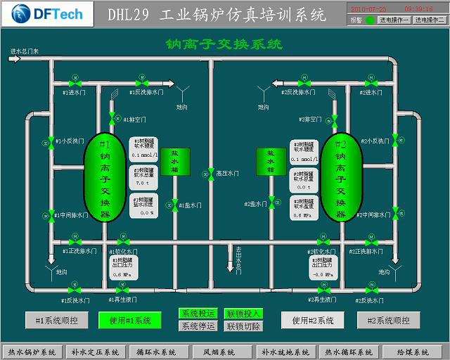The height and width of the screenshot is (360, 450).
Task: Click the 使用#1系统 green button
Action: coord(130,321)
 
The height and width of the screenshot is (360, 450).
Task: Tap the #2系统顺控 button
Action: coord(388,321)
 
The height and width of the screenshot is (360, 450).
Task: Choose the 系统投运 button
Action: coord(198,314)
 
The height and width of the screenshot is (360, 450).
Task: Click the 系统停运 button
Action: coord(198,326)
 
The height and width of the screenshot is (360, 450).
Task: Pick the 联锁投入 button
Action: coord(243,314)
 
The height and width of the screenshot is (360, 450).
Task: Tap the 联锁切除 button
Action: coord(243,326)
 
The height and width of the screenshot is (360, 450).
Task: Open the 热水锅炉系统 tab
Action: coord(32,352)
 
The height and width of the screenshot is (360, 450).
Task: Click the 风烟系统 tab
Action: coord(219,352)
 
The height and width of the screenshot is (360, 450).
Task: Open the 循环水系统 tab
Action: coord(155,352)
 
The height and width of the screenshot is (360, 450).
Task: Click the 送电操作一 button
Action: coord(394,20)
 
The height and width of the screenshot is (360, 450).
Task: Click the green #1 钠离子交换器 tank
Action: coord(105,176)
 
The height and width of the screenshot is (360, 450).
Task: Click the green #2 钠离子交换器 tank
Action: coord(342,176)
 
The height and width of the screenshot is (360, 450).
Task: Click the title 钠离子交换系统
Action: coord(224,45)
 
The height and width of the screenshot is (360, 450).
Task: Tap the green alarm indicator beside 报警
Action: coord(370,20)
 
